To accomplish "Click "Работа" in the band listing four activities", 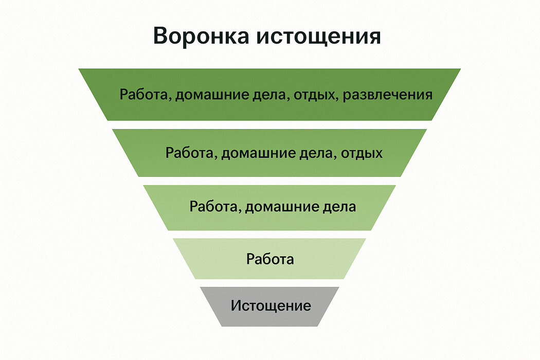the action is [145, 95].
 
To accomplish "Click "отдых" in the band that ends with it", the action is [362, 153].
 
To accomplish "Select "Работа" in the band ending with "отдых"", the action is [191, 153].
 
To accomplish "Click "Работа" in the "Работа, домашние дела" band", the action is [215, 207].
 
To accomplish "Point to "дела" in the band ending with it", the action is [340, 207].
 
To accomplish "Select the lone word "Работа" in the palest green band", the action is [270, 259].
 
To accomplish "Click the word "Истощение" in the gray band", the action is [271, 306].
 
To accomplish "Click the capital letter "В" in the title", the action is [161, 38].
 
